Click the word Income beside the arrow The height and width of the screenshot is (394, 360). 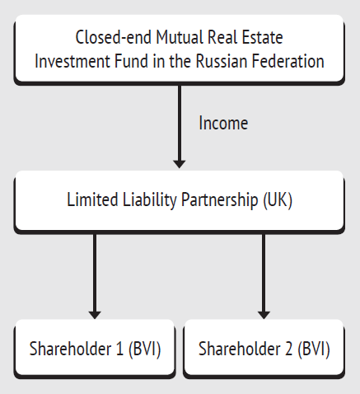223,123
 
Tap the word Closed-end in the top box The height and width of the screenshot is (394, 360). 113,37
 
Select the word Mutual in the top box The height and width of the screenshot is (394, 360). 180,37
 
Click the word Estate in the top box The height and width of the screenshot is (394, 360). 262,37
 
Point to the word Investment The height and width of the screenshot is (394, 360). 72,61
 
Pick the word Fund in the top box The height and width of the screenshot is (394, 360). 132,61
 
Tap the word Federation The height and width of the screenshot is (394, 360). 288,61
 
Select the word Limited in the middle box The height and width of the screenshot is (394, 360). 92,199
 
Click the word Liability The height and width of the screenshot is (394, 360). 150,200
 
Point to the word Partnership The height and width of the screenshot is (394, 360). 220,200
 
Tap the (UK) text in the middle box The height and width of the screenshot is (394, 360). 278,200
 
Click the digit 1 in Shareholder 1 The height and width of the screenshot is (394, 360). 119,349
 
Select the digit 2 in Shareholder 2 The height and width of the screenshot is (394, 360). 289,349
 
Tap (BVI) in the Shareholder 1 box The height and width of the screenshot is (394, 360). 145,349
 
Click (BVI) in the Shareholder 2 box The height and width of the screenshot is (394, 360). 314,349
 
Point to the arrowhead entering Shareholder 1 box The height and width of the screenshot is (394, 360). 95,315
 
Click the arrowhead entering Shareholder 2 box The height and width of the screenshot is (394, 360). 264,315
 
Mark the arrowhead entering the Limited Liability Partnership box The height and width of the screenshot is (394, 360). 180,164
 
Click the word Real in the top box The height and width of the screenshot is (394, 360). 222,37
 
